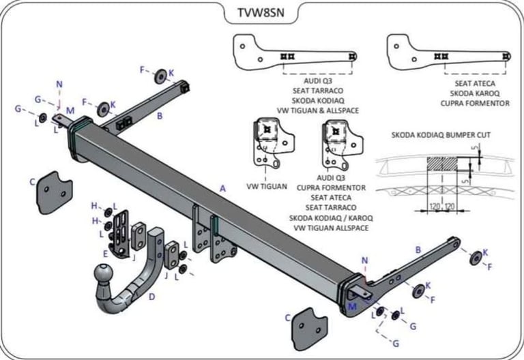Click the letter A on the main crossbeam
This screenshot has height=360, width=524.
point(222,187)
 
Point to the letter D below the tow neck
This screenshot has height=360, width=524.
point(151,297)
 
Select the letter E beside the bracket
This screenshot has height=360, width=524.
point(105,253)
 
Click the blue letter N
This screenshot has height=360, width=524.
point(59,85)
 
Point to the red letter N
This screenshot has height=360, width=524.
point(365,260)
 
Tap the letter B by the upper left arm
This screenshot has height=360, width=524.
point(160,116)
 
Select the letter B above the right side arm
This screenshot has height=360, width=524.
point(418,250)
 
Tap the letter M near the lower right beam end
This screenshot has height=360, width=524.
point(352,306)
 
